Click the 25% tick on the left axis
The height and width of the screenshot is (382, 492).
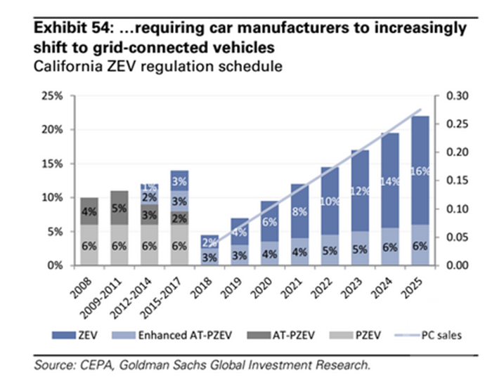tap(56, 95)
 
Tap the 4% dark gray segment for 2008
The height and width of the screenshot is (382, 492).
tap(89, 211)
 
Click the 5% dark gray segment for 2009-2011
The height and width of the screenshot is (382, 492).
tap(119, 208)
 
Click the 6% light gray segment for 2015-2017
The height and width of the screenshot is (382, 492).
tap(179, 246)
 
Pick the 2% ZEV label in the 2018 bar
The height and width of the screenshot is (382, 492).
tap(209, 242)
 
